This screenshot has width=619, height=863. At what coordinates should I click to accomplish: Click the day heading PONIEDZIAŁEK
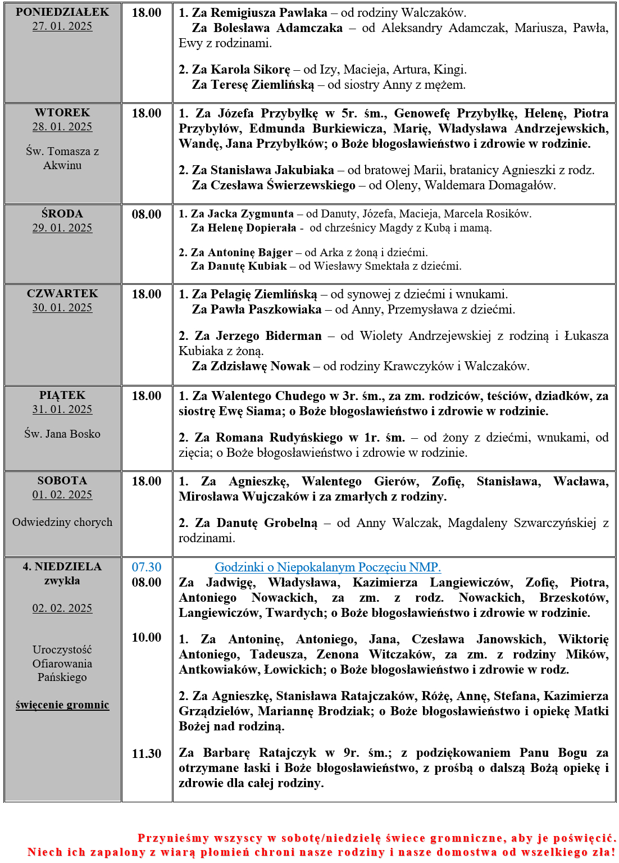click(62, 12)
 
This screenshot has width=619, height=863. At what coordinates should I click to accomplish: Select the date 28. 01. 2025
click(62, 127)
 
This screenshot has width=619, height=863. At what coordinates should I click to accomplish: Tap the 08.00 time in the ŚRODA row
click(147, 215)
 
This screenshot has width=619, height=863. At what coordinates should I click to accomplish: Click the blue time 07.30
click(147, 567)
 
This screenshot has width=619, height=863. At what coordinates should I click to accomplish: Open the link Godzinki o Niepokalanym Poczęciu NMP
click(328, 567)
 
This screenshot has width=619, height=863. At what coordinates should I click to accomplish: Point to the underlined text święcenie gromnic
click(62, 705)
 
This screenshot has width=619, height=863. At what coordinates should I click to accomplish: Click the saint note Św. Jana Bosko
click(62, 434)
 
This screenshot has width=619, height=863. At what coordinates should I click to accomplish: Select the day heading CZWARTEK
click(62, 294)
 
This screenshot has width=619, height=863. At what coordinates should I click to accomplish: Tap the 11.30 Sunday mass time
click(147, 754)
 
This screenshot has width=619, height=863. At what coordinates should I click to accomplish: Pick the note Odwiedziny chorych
click(62, 523)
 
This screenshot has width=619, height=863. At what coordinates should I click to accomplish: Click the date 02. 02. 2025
click(62, 608)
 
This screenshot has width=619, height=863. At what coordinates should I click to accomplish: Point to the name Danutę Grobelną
click(267, 523)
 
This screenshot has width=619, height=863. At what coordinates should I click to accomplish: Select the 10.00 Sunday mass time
click(147, 638)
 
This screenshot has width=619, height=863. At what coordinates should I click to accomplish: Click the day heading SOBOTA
click(62, 481)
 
